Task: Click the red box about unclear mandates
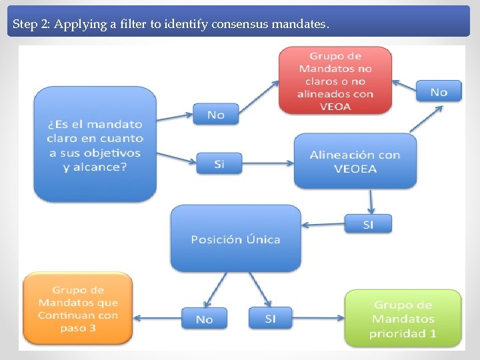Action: pos(335,81)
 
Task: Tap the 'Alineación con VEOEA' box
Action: pos(355,161)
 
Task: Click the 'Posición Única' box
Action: pos(235,239)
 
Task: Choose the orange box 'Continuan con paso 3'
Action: pos(77,309)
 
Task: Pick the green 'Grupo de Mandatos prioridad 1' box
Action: pos(403,319)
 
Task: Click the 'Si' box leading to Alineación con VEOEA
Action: pos(219,163)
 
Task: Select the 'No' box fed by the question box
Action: pos(216,115)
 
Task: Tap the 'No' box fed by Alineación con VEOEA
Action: pos(439,91)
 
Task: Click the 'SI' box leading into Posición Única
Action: pos(368,224)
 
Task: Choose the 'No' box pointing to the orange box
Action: pos(204,319)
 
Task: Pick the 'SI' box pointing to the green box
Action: pos(270,318)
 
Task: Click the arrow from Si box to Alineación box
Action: pos(267,163)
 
